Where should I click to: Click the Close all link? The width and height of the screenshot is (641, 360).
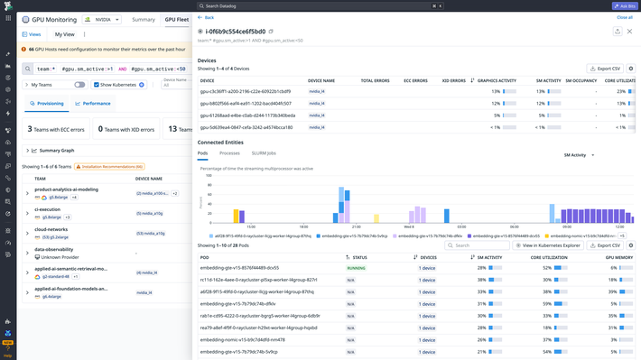(x=625, y=17)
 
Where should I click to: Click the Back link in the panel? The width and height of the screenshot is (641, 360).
(x=207, y=17)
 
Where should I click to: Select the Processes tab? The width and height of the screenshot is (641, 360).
(x=229, y=154)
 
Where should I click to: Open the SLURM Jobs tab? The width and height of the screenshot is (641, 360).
(x=264, y=154)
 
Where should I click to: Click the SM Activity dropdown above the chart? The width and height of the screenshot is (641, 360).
(x=579, y=155)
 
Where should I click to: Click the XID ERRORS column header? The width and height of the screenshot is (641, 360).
(x=453, y=80)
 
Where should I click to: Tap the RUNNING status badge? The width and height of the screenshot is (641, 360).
(x=357, y=268)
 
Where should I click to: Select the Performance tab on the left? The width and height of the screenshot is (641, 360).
(x=94, y=104)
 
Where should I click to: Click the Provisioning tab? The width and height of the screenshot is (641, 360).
(x=47, y=104)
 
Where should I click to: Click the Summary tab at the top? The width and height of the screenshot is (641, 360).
(x=144, y=19)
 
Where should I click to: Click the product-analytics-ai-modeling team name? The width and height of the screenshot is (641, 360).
(x=66, y=189)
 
